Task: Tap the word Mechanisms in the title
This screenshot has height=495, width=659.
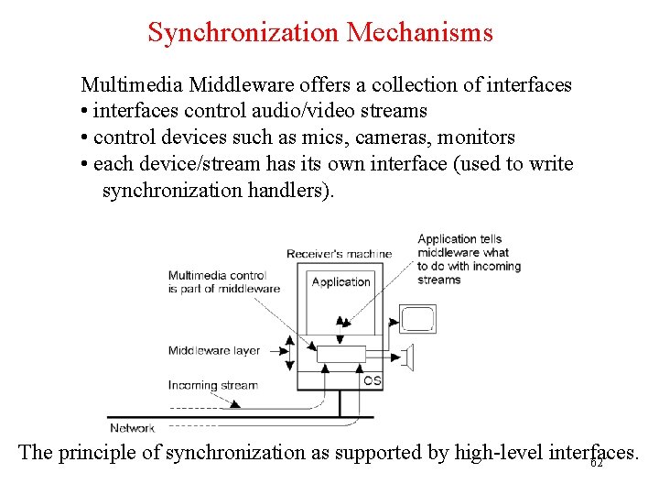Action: pos(421,33)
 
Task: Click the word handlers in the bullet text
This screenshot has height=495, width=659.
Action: pos(292,191)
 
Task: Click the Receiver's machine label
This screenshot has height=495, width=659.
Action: pos(339,254)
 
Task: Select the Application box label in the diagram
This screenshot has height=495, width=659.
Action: pos(340,282)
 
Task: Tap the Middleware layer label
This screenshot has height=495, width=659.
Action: pos(214,350)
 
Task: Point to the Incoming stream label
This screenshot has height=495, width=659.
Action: pos(213,386)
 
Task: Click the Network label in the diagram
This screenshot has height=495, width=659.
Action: pos(132,428)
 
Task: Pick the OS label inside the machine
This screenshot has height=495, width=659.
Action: pos(373,380)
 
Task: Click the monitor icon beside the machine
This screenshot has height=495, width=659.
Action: pos(418,319)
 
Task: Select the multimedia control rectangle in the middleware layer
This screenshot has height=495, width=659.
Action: pos(340,354)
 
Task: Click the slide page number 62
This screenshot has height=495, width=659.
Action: pos(597,464)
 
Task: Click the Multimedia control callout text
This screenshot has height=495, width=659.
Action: pos(223,282)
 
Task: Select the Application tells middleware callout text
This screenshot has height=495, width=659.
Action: pos(468,259)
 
